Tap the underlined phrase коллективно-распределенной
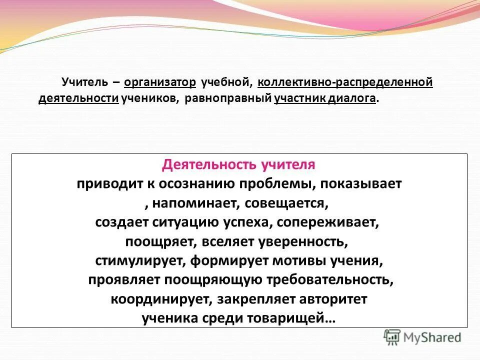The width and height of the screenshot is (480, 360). [345, 82]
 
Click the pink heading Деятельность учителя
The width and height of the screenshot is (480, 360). [239, 164]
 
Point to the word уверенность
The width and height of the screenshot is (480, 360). [302, 242]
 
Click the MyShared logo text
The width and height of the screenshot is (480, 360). [432, 337]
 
